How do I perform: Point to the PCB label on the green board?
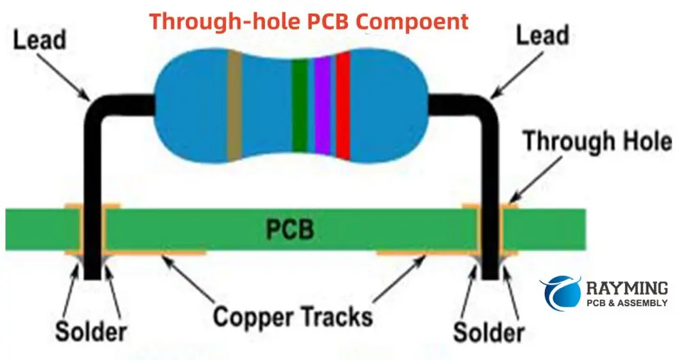tap(289, 230)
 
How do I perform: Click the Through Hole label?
tap(597, 143)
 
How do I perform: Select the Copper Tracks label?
tap(293, 316)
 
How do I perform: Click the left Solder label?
tap(91, 332)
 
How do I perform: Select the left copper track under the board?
tap(157, 254)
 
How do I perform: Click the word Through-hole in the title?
tap(218, 21)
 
